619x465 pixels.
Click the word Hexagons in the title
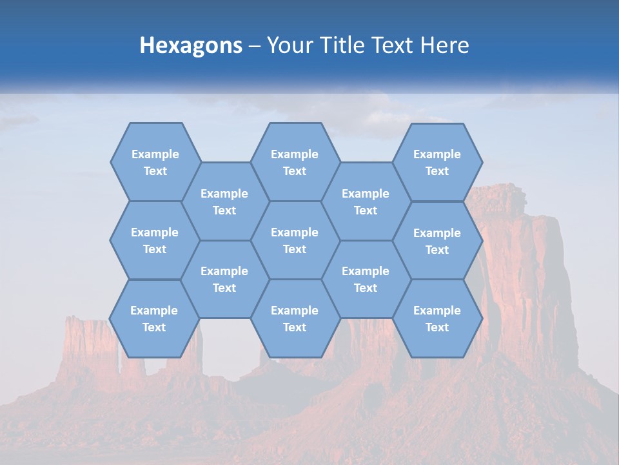191,45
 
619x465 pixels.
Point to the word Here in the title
445,45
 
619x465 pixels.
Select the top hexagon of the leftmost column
155,162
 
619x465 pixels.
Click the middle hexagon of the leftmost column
155,240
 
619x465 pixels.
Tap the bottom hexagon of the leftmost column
154,318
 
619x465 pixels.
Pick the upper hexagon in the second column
224,201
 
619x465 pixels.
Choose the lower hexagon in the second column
224,279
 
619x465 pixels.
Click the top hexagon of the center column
295,162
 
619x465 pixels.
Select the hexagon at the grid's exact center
295,240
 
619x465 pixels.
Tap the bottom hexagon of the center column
295,318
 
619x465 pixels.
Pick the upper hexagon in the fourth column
366,201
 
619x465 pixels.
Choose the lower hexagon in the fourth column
366,279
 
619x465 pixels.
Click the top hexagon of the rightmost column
437,162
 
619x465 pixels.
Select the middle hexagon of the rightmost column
437,241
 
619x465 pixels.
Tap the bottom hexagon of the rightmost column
437,318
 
